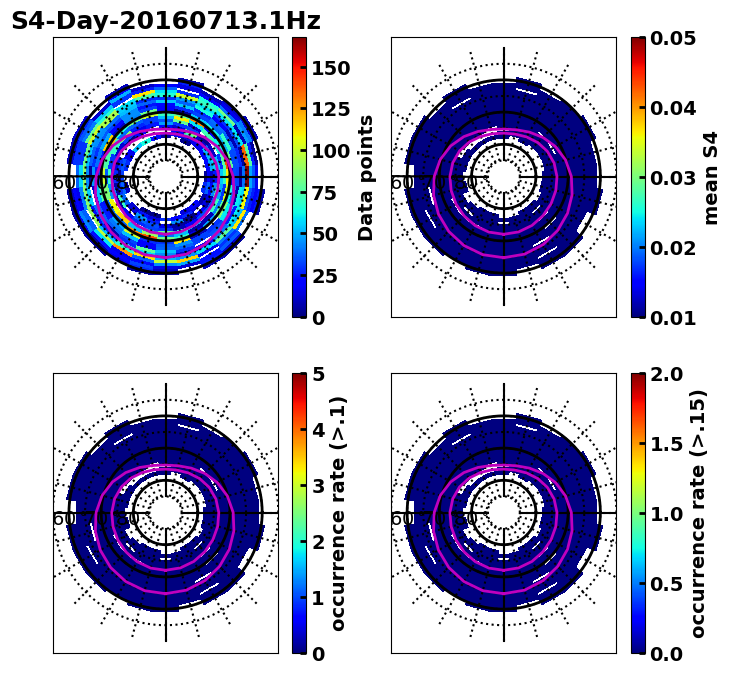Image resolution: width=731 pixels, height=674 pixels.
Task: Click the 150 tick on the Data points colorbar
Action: [329, 68]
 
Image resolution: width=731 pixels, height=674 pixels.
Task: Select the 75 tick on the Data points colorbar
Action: [329, 193]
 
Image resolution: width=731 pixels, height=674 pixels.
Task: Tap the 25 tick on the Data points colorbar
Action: [329, 276]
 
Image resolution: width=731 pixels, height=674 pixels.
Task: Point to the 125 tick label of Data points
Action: [329, 110]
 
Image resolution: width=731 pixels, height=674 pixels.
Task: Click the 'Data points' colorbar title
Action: [366, 177]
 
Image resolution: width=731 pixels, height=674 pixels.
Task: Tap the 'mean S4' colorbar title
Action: [711, 177]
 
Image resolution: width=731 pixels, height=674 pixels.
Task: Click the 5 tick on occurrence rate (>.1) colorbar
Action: [318, 374]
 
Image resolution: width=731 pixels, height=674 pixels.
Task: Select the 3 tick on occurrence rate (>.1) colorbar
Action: [318, 486]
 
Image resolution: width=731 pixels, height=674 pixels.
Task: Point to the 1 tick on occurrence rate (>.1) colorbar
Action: [318, 598]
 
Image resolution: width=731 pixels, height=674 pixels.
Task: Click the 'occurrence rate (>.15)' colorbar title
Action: [698, 513]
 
